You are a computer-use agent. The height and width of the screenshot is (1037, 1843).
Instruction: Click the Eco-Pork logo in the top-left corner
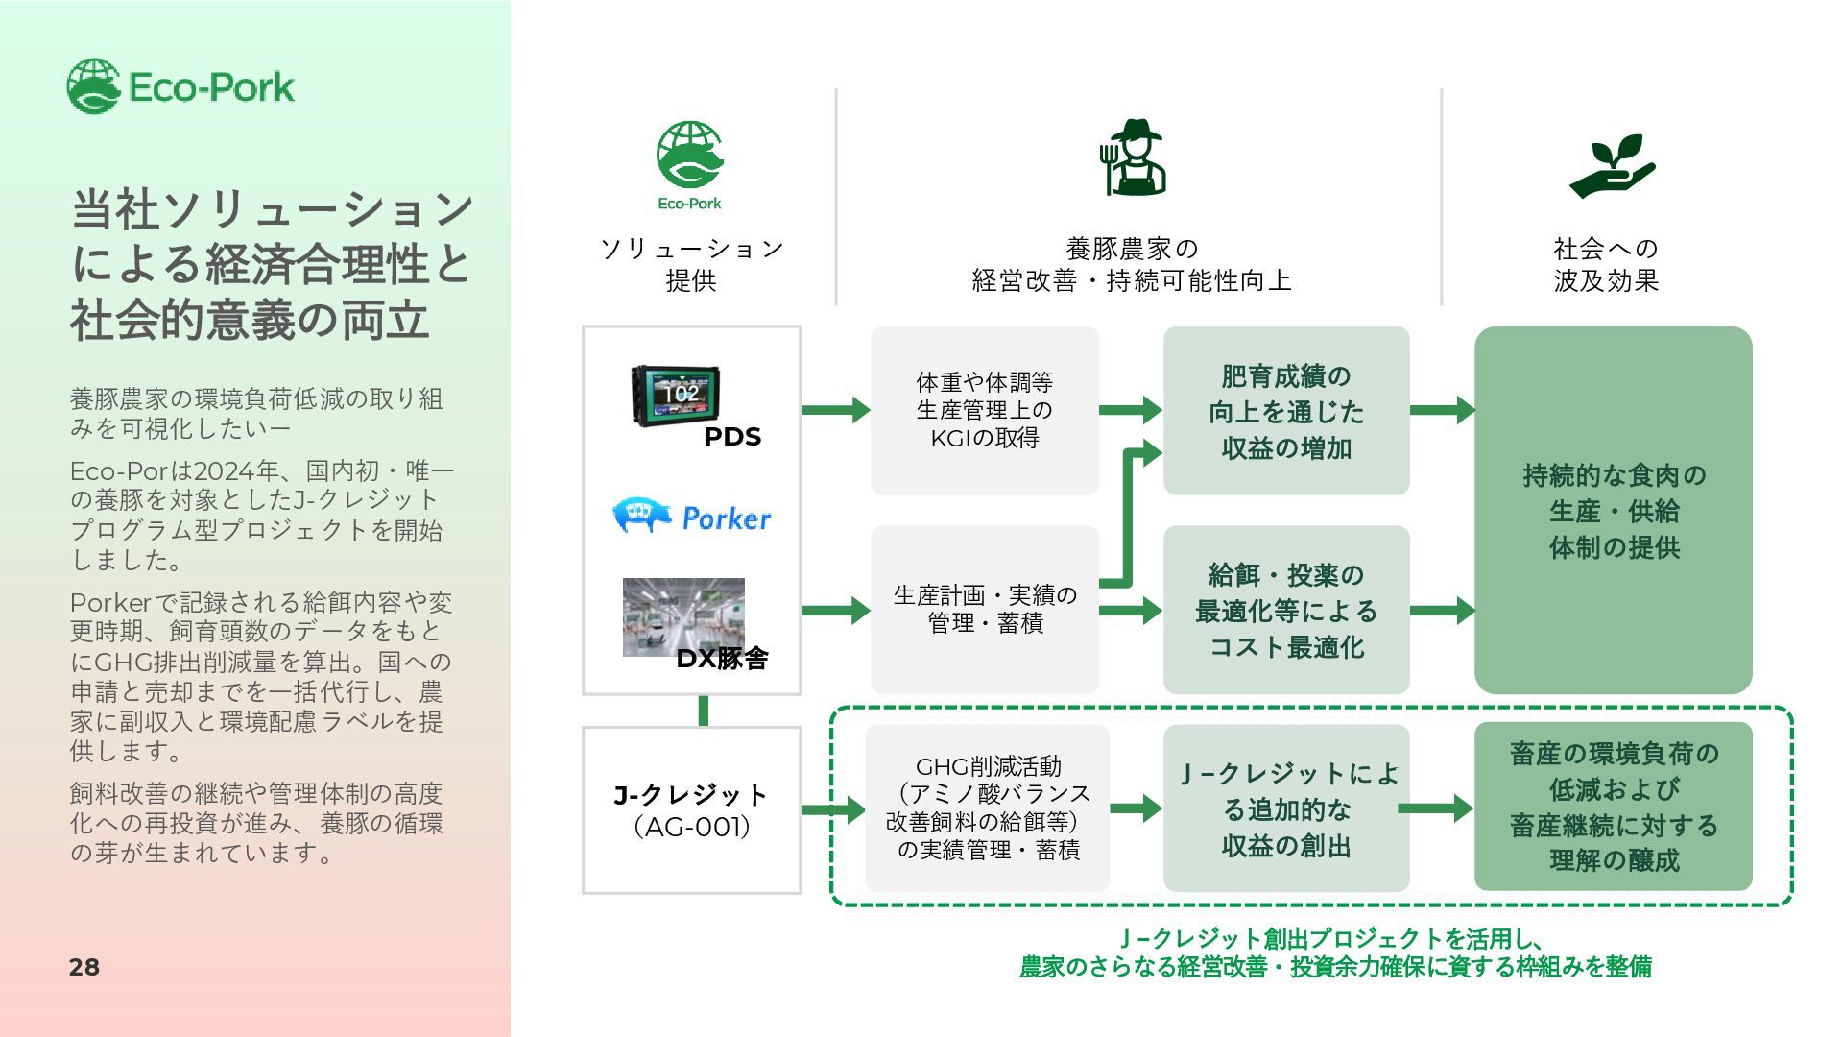click(x=180, y=86)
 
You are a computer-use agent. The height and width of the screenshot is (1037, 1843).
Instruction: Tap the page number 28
click(x=84, y=967)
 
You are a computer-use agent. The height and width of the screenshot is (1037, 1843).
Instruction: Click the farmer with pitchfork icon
click(x=1133, y=158)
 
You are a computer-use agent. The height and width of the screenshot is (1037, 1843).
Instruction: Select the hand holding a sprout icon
click(x=1613, y=166)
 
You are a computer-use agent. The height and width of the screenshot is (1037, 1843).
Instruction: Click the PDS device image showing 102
click(x=678, y=395)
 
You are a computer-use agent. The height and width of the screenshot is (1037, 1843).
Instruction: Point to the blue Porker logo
click(x=691, y=517)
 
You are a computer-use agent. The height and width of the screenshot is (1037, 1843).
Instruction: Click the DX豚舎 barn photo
click(x=683, y=616)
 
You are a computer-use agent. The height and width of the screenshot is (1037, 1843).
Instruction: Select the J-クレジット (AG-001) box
click(x=691, y=810)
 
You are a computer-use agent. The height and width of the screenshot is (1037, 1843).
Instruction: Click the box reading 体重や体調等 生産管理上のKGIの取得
click(x=984, y=410)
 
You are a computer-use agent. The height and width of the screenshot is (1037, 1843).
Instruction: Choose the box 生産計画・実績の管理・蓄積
click(x=984, y=610)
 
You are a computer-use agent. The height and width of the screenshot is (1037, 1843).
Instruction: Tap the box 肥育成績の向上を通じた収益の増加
click(x=1286, y=411)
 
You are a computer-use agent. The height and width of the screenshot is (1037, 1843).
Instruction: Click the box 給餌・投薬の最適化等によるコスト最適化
click(x=1286, y=610)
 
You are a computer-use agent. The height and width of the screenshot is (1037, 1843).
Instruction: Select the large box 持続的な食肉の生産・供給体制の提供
click(x=1613, y=510)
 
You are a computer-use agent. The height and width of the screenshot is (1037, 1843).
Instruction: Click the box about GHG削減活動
click(x=987, y=808)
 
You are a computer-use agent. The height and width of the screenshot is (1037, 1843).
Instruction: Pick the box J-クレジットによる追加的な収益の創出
click(x=1286, y=808)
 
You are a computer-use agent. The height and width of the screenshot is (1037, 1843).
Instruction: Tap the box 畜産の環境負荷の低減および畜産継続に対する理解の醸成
click(x=1613, y=807)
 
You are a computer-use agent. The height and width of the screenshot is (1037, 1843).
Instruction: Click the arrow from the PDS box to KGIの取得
click(x=835, y=410)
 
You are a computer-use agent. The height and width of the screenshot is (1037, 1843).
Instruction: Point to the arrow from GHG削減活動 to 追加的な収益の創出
click(x=1136, y=808)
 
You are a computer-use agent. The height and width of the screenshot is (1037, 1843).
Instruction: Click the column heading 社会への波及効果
click(x=1606, y=264)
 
